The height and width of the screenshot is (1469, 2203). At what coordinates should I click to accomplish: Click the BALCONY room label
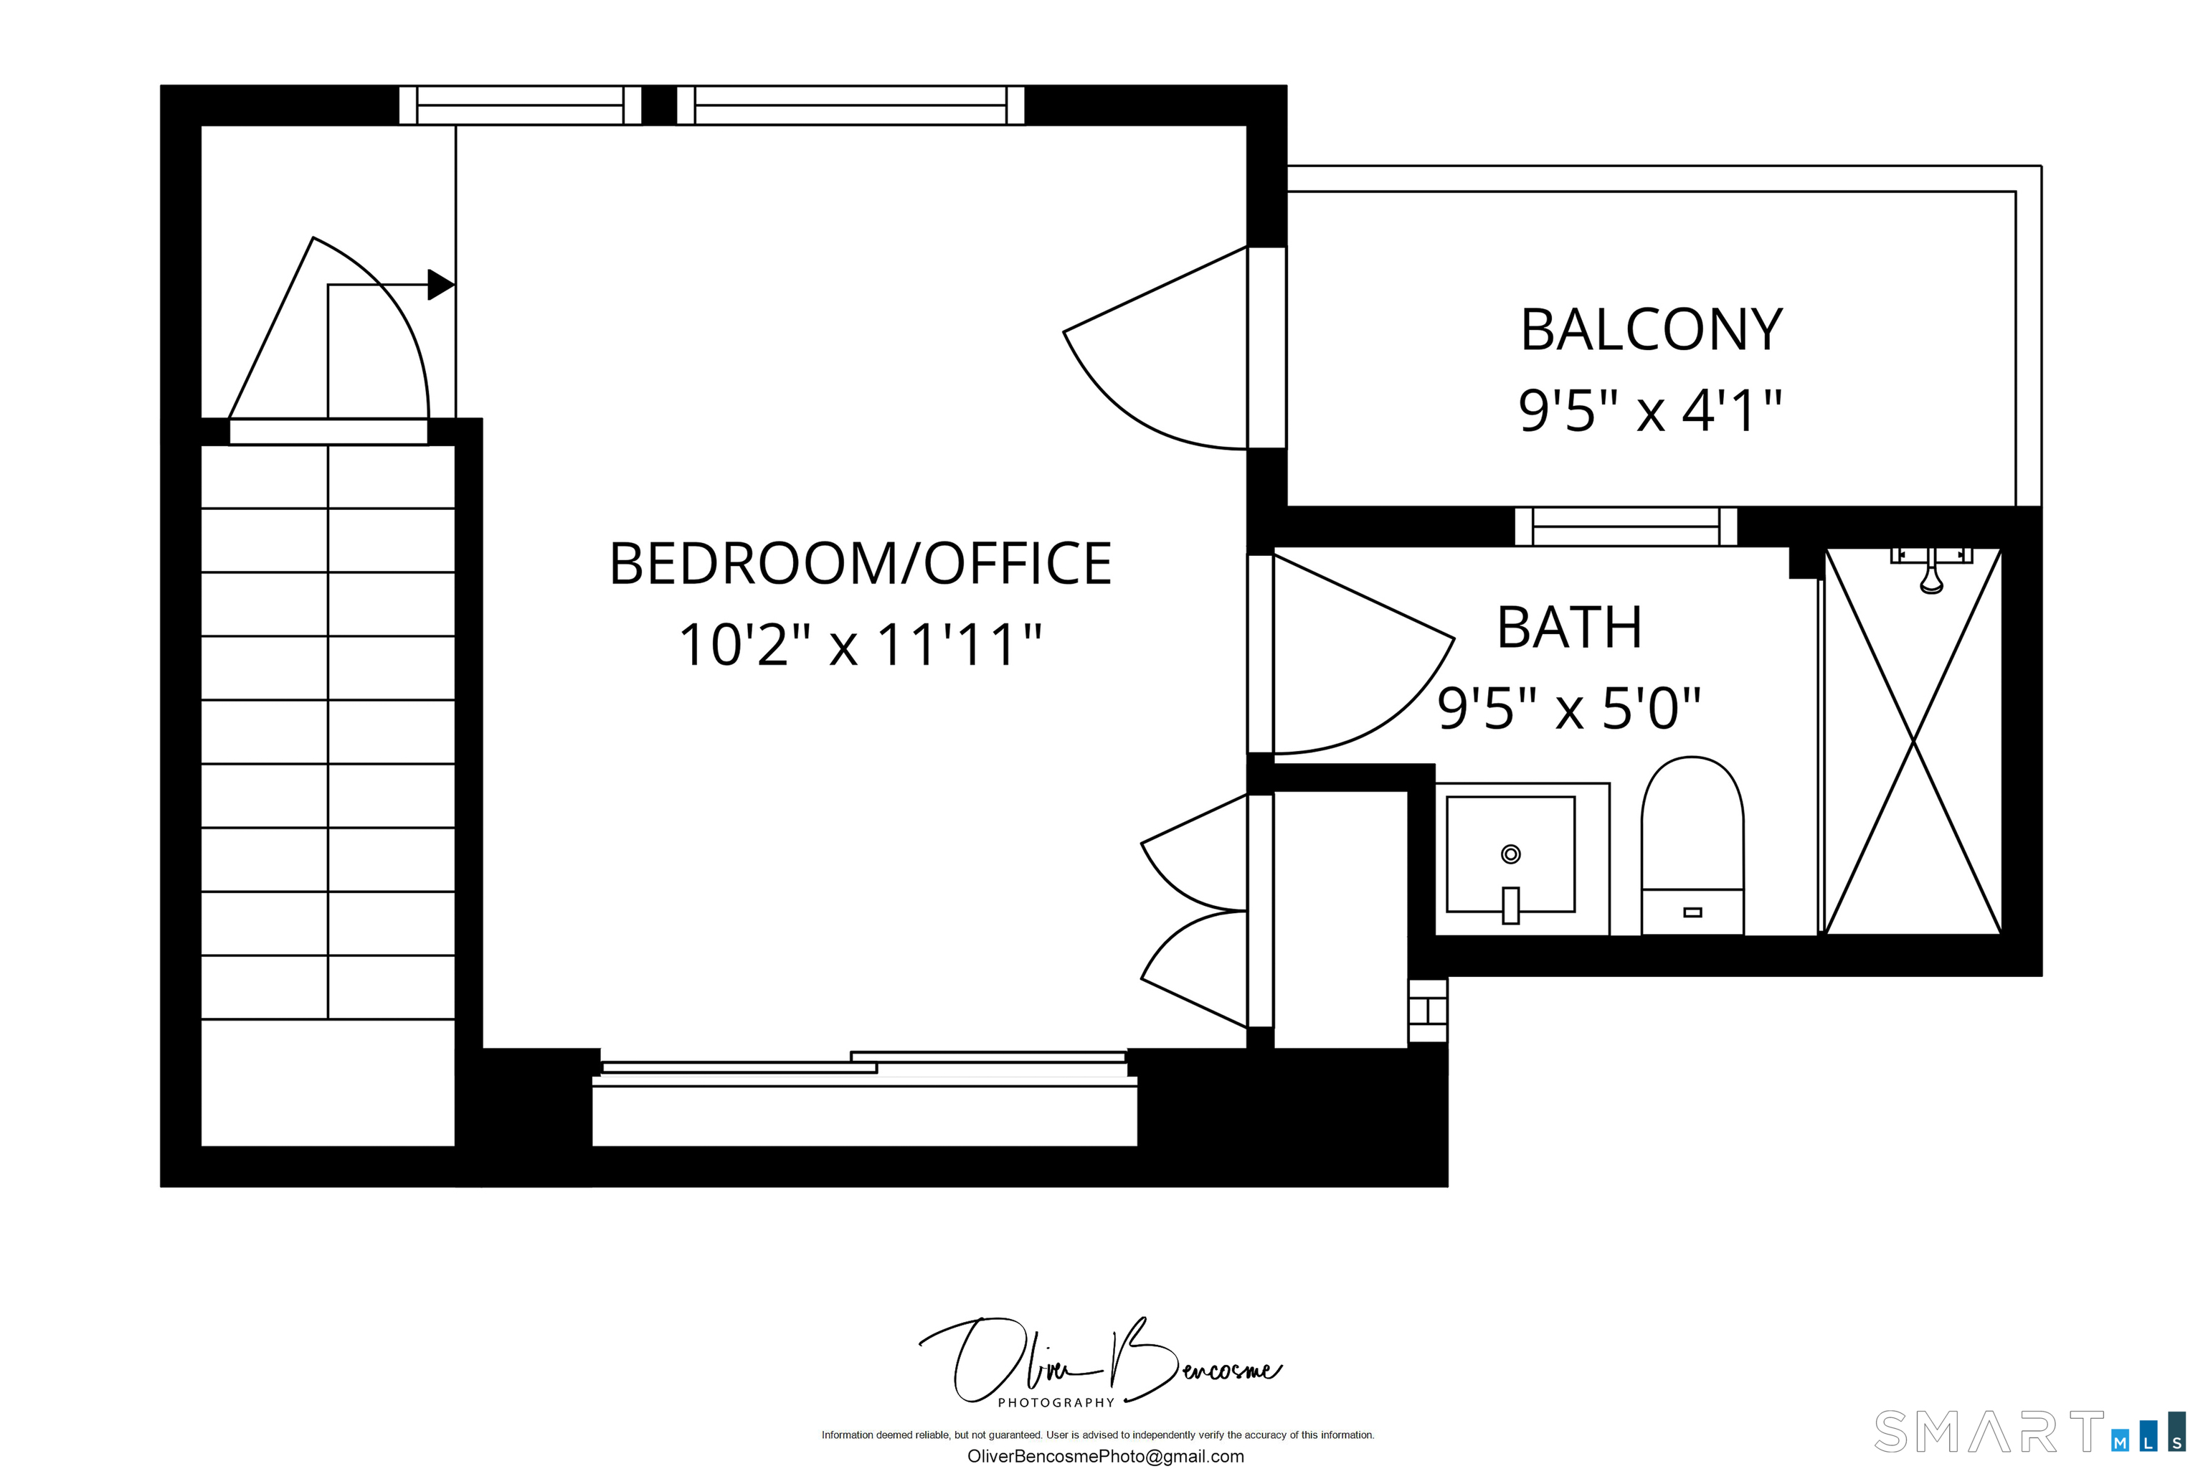click(1652, 330)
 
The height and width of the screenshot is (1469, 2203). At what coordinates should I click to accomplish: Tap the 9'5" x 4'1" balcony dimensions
click(1649, 410)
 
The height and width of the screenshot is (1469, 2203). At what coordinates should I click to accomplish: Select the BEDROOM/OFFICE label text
click(861, 563)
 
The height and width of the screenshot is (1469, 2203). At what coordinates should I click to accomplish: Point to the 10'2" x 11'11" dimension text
click(860, 645)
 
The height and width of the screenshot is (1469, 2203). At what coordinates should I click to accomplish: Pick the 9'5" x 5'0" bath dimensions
click(1569, 707)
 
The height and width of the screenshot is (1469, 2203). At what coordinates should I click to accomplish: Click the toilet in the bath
click(1692, 845)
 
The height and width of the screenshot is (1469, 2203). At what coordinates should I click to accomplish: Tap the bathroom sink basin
click(1511, 854)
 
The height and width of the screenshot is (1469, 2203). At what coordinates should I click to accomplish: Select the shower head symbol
click(1931, 570)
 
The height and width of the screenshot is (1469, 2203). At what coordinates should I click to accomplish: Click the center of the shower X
click(1913, 741)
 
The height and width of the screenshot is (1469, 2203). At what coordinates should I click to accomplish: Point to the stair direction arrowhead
click(441, 284)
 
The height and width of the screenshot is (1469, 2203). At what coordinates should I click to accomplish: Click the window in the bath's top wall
click(1626, 526)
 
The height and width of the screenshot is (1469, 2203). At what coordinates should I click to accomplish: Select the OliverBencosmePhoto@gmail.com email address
click(1105, 1456)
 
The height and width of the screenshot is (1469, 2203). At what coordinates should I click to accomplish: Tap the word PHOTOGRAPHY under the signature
click(1056, 1402)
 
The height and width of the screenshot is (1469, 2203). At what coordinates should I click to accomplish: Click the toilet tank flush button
click(1692, 912)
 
